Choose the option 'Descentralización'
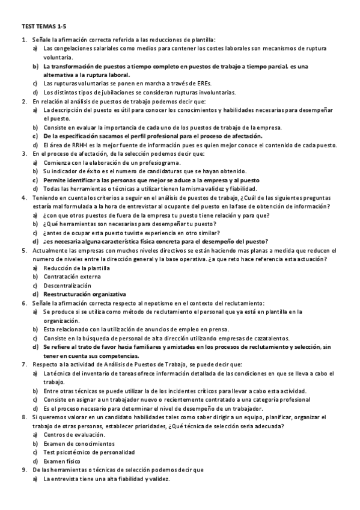pos(67,285)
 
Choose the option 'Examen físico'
pos(63,461)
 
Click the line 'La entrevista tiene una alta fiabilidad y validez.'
pos(107,479)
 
